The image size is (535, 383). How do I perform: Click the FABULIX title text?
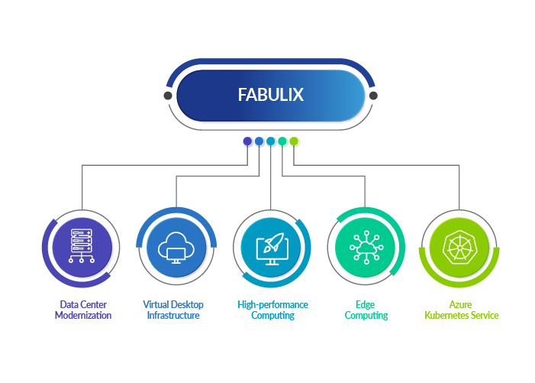(x=270, y=96)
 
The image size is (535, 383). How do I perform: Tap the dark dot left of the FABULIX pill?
(x=168, y=96)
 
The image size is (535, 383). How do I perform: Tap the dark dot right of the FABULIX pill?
(x=373, y=96)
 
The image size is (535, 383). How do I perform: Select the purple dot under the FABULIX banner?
(x=248, y=141)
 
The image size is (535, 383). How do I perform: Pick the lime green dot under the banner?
(x=295, y=141)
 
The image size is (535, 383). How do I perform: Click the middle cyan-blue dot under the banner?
(x=271, y=141)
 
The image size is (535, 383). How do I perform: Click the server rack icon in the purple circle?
(x=82, y=247)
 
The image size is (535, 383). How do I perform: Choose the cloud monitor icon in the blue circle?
(x=176, y=247)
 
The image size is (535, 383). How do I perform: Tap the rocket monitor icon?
(x=271, y=247)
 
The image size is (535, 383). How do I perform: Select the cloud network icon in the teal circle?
(x=366, y=247)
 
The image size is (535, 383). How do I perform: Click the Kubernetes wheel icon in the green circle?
(x=459, y=247)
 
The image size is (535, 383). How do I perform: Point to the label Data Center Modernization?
(x=82, y=310)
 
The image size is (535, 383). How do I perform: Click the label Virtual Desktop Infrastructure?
(x=173, y=310)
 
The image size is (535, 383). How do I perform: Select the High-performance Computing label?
(x=272, y=310)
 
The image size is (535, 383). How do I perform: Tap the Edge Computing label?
(x=366, y=310)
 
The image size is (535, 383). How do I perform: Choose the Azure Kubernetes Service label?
(x=461, y=310)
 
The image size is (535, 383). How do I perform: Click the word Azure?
(x=461, y=304)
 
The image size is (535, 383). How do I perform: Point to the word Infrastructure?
(x=173, y=315)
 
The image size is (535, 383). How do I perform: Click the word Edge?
(x=366, y=304)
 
